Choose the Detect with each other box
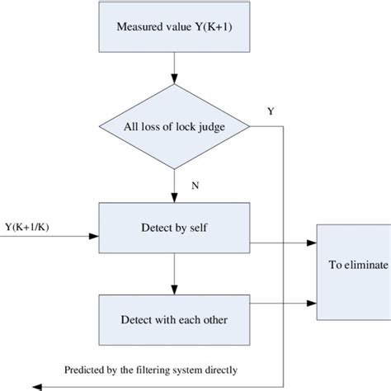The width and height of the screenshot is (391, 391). coord(172,318)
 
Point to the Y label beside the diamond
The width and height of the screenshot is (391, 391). coord(271,110)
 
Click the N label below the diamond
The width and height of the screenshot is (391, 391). coord(195,185)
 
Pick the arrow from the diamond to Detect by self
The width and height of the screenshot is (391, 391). coord(172,186)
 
